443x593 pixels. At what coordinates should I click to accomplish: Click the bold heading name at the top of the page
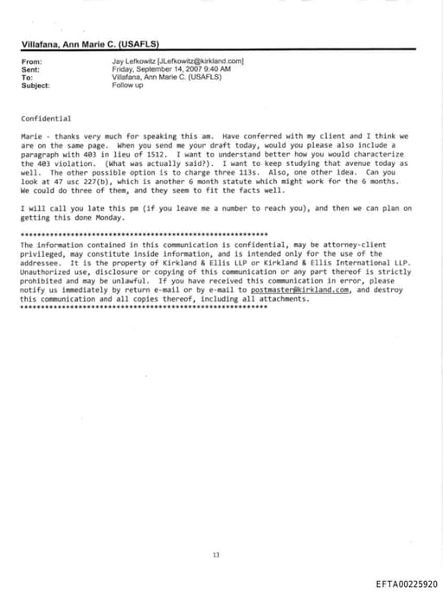90,44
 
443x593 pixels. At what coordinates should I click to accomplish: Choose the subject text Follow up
128,86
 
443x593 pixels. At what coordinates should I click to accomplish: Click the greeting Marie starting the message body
31,137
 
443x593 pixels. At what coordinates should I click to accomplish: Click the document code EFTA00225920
406,584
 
